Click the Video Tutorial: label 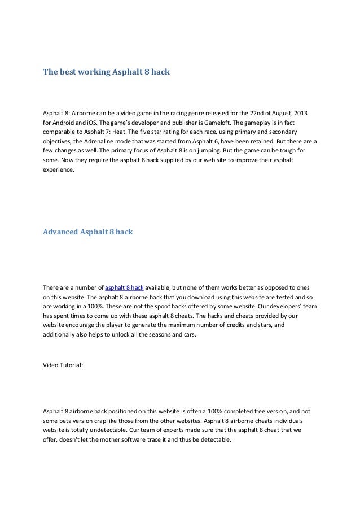(63, 365)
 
